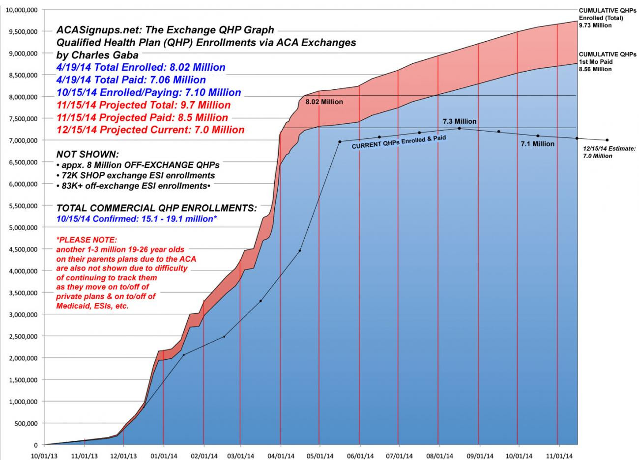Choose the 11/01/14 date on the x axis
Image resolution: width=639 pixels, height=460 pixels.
pyautogui.click(x=557, y=456)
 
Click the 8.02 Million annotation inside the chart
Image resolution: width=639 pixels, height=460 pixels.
pyautogui.click(x=324, y=102)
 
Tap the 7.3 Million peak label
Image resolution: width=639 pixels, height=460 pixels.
pyautogui.click(x=459, y=121)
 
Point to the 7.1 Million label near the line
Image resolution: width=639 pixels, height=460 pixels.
pyautogui.click(x=537, y=144)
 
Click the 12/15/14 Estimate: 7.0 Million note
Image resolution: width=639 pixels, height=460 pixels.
pyautogui.click(x=609, y=151)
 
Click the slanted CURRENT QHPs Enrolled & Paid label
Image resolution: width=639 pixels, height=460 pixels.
pyautogui.click(x=399, y=142)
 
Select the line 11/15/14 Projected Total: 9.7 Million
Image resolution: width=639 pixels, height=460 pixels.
pyautogui.click(x=144, y=105)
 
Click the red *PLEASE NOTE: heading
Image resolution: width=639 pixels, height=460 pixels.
pyautogui.click(x=87, y=240)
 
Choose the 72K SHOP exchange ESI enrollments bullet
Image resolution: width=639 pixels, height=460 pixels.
pyautogui.click(x=138, y=175)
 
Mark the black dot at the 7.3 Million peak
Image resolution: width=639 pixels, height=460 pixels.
pyautogui.click(x=459, y=128)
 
